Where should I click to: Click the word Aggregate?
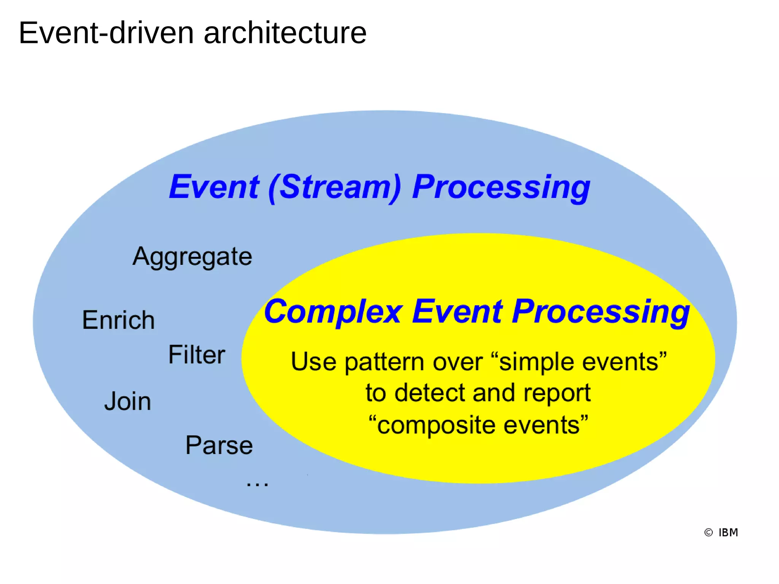[192, 257]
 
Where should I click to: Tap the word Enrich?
[118, 320]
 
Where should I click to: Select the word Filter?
[197, 355]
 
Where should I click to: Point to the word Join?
[128, 401]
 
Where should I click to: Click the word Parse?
[219, 445]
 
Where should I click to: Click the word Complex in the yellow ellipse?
[333, 312]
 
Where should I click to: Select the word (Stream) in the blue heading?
[335, 187]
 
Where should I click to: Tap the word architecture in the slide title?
[285, 33]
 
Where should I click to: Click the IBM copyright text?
[728, 532]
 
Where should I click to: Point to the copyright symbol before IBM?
[708, 532]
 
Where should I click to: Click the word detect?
[431, 393]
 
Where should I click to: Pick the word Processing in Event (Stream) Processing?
[501, 187]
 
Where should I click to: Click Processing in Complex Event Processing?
[601, 312]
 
